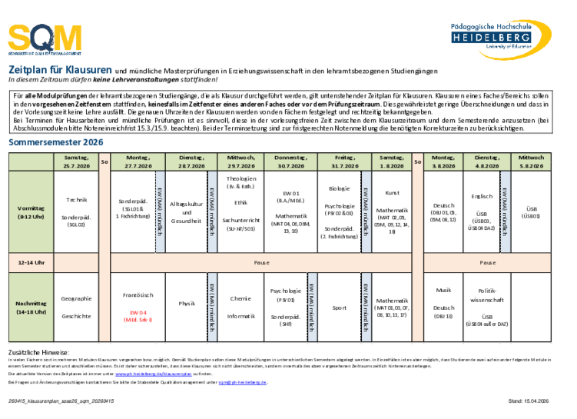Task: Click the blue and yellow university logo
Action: click(x=500, y=38)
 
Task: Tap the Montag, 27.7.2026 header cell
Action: click(x=138, y=161)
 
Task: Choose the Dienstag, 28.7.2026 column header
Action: click(x=191, y=161)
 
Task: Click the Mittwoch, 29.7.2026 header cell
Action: click(x=242, y=161)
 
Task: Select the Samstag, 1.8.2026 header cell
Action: click(x=391, y=161)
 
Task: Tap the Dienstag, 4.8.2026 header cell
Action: click(x=487, y=161)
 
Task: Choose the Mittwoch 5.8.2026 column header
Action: click(x=531, y=161)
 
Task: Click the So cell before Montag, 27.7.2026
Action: click(x=104, y=161)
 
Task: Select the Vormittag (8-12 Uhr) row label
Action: click(x=31, y=211)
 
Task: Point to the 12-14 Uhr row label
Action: click(x=31, y=262)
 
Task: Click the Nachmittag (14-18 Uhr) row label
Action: click(x=31, y=308)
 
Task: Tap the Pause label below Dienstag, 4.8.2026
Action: click(x=487, y=262)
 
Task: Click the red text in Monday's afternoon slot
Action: click(x=138, y=316)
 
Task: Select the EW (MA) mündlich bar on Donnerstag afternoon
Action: click(x=313, y=308)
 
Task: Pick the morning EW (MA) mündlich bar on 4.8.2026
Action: click(x=505, y=211)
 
